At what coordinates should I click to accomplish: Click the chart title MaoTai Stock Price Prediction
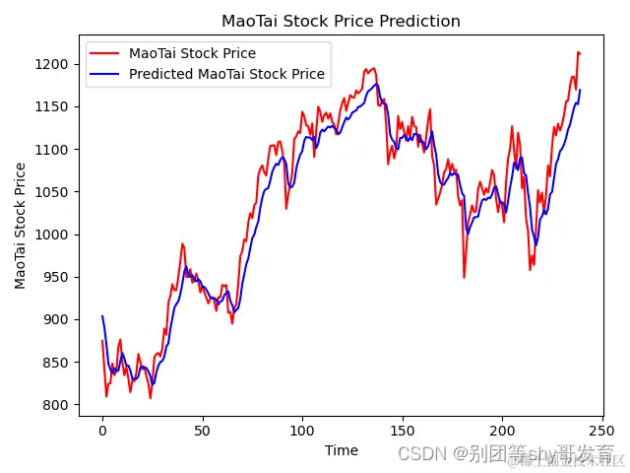click(341, 21)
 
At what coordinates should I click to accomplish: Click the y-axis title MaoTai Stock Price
click(21, 226)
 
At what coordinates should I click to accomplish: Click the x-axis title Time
click(341, 450)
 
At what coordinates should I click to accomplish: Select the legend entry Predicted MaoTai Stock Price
click(226, 74)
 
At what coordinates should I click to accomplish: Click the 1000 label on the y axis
click(56, 235)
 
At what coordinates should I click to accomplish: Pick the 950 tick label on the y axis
click(60, 277)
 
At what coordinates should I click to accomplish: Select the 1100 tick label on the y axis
click(56, 149)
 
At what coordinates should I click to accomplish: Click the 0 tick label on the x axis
click(102, 431)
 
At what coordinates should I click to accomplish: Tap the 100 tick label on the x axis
click(302, 431)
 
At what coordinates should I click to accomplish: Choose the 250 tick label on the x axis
click(602, 431)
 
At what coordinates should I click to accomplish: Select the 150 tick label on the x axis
click(403, 431)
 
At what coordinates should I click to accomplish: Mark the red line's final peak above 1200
click(578, 52)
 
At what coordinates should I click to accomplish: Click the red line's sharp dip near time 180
click(464, 277)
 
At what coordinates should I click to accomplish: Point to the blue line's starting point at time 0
click(102, 316)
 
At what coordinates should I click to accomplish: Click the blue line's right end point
click(580, 90)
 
